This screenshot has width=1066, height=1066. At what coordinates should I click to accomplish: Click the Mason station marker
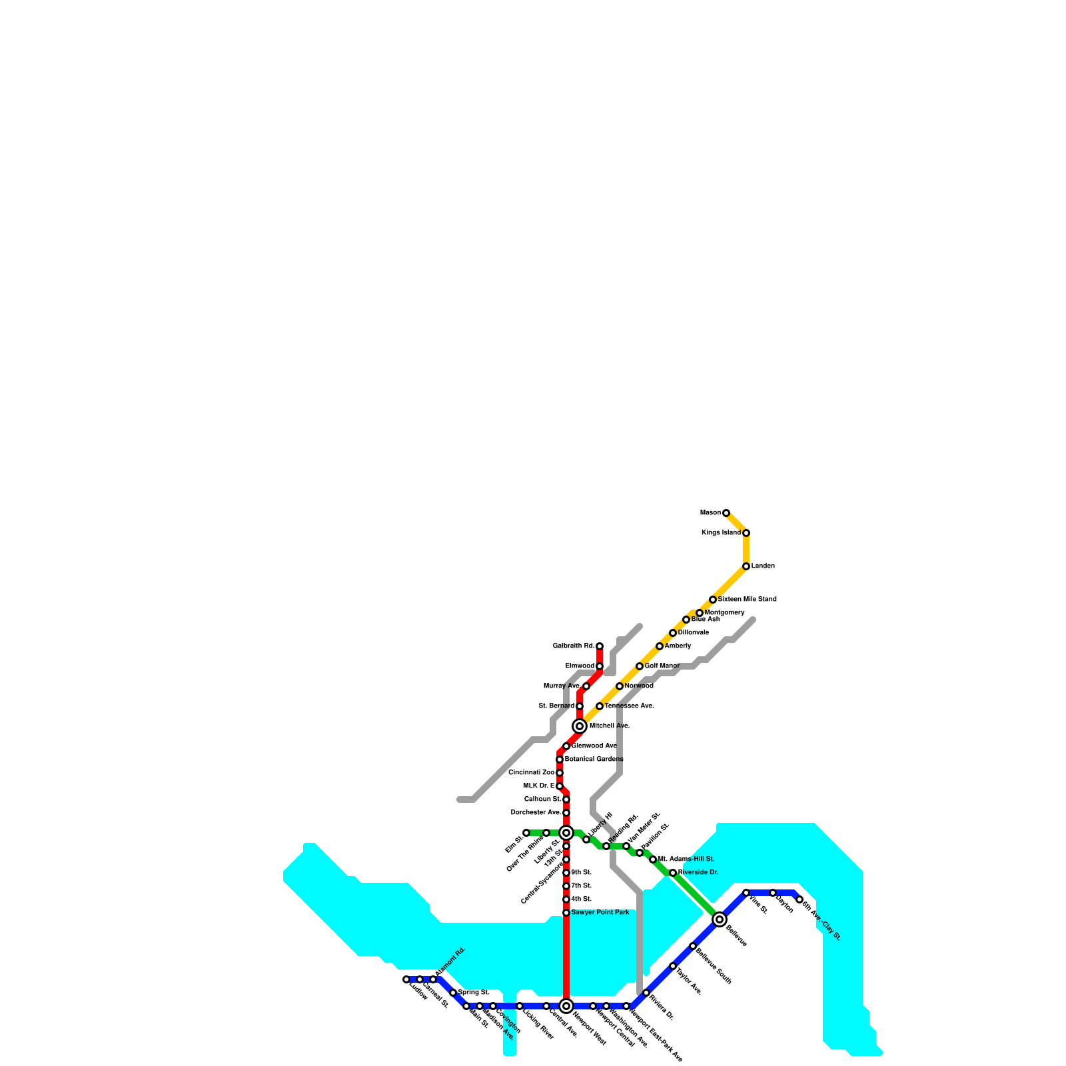[726, 513]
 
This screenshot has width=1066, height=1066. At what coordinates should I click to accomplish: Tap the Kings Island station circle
[746, 533]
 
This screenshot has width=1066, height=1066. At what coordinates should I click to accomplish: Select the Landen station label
[763, 566]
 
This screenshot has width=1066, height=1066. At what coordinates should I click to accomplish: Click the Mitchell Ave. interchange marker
[580, 726]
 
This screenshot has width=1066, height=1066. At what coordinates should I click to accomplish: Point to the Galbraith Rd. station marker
[600, 646]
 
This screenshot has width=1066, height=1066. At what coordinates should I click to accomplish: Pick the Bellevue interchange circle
[720, 919]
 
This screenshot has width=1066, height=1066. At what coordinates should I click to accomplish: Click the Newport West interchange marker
[566, 1006]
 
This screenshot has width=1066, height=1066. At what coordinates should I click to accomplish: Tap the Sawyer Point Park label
[600, 913]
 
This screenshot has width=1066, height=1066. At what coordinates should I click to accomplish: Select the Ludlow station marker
[406, 979]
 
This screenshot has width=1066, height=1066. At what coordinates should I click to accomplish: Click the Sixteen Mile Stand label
[747, 600]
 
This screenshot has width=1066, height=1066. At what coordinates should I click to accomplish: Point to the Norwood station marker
[620, 686]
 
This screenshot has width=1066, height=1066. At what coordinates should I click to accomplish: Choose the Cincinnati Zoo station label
[531, 773]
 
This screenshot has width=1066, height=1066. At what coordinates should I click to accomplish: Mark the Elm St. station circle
[526, 833]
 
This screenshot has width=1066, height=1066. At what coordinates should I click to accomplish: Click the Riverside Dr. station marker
[673, 873]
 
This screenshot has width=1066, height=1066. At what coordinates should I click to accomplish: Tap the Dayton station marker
[773, 893]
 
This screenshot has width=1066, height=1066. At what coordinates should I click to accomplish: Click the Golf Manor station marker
[640, 666]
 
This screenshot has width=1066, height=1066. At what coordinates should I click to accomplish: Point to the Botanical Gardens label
[594, 760]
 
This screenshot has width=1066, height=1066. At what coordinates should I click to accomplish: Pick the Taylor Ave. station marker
[673, 966]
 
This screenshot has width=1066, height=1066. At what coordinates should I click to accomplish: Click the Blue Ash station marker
[686, 620]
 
